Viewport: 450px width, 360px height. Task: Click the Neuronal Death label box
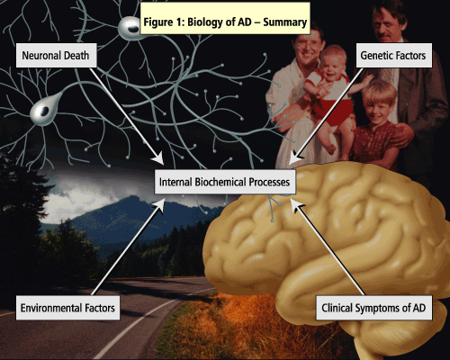(57, 55)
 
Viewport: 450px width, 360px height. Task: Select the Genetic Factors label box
(394, 55)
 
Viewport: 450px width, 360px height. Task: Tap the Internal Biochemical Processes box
(225, 182)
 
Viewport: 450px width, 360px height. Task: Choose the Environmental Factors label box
(67, 308)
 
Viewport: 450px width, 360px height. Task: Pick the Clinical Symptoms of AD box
(373, 308)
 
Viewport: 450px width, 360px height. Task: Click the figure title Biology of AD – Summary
(225, 22)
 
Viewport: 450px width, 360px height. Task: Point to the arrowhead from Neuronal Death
(158, 158)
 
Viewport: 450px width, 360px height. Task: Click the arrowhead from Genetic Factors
(294, 158)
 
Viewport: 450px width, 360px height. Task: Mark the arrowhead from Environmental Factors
(159, 204)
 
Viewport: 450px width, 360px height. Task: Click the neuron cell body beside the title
(130, 28)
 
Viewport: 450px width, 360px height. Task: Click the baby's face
(333, 64)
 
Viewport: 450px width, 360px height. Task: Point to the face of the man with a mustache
(389, 23)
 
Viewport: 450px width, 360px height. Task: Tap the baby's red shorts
(334, 111)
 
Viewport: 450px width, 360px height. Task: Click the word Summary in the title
(284, 22)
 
